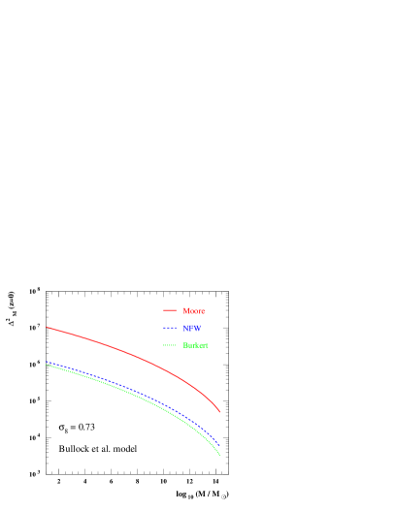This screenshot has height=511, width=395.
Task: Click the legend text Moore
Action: pyautogui.click(x=193, y=311)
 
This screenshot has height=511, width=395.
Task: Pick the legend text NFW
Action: pyautogui.click(x=192, y=329)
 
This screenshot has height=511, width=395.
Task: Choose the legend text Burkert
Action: pyautogui.click(x=195, y=345)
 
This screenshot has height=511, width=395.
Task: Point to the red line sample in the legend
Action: pyautogui.click(x=170, y=311)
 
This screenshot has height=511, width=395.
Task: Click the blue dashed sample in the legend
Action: pyautogui.click(x=170, y=329)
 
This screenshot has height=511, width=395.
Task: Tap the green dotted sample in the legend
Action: pyautogui.click(x=170, y=345)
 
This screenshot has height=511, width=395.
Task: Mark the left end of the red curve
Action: pyautogui.click(x=47, y=327)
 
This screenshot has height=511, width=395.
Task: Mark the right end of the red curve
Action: pyautogui.click(x=220, y=412)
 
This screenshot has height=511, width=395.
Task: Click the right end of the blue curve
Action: pyautogui.click(x=220, y=445)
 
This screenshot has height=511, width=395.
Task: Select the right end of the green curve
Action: pyautogui.click(x=220, y=456)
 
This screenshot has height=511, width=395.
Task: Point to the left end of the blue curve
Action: pyautogui.click(x=47, y=362)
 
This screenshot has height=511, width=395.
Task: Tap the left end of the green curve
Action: pyautogui.click(x=47, y=366)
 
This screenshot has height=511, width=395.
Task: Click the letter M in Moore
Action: pyautogui.click(x=185, y=311)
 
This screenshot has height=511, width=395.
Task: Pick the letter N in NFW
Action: pyautogui.click(x=185, y=329)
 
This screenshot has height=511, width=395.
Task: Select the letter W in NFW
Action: pyautogui.click(x=198, y=329)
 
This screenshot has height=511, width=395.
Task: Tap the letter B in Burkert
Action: pyautogui.click(x=184, y=345)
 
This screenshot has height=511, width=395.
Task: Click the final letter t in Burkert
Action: pyautogui.click(x=207, y=345)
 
